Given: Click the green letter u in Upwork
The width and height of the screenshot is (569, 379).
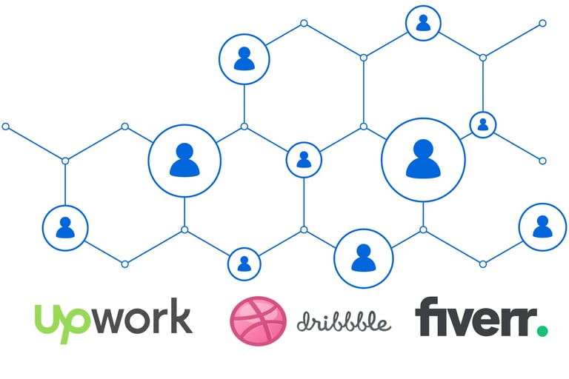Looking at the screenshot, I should tap(46, 317).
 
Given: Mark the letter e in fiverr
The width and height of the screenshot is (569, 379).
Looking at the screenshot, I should tap(490, 320).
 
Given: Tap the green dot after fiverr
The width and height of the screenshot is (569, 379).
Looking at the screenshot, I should tap(542, 330).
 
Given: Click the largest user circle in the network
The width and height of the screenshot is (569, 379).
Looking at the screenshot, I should tap(423, 160).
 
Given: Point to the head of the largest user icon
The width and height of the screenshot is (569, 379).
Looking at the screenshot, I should tap(423, 148).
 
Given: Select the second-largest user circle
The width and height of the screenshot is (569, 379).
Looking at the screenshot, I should tap(184, 160).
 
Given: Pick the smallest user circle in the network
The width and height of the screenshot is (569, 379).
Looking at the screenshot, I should tap(483, 124).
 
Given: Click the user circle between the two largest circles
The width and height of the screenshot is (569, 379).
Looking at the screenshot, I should tap(304, 160).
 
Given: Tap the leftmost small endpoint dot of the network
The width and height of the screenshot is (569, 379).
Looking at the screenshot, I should tap(6, 127).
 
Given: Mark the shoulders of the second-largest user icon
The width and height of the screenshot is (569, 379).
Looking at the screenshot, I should tap(184, 170).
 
